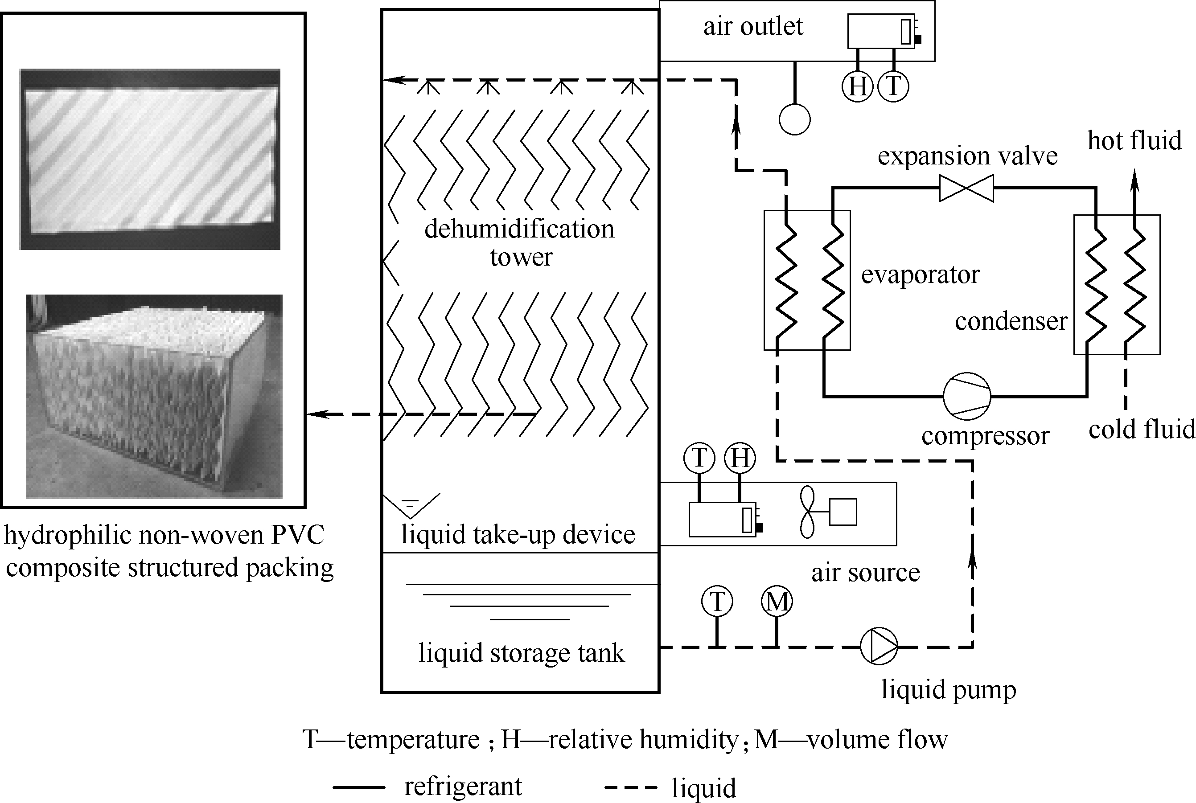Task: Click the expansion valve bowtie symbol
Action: [966, 188]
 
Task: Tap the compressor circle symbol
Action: [966, 396]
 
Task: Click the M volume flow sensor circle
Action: [777, 601]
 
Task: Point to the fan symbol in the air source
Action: [807, 512]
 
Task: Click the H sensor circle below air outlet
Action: [857, 86]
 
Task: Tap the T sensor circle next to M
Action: [717, 601]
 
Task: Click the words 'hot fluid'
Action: [1134, 140]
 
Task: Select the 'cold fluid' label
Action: [1141, 429]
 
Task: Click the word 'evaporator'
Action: [920, 274]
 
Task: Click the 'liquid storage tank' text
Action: [521, 653]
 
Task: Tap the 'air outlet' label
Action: [753, 27]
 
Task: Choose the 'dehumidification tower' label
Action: [519, 243]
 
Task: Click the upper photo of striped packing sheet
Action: [150, 159]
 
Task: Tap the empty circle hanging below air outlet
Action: [794, 119]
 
